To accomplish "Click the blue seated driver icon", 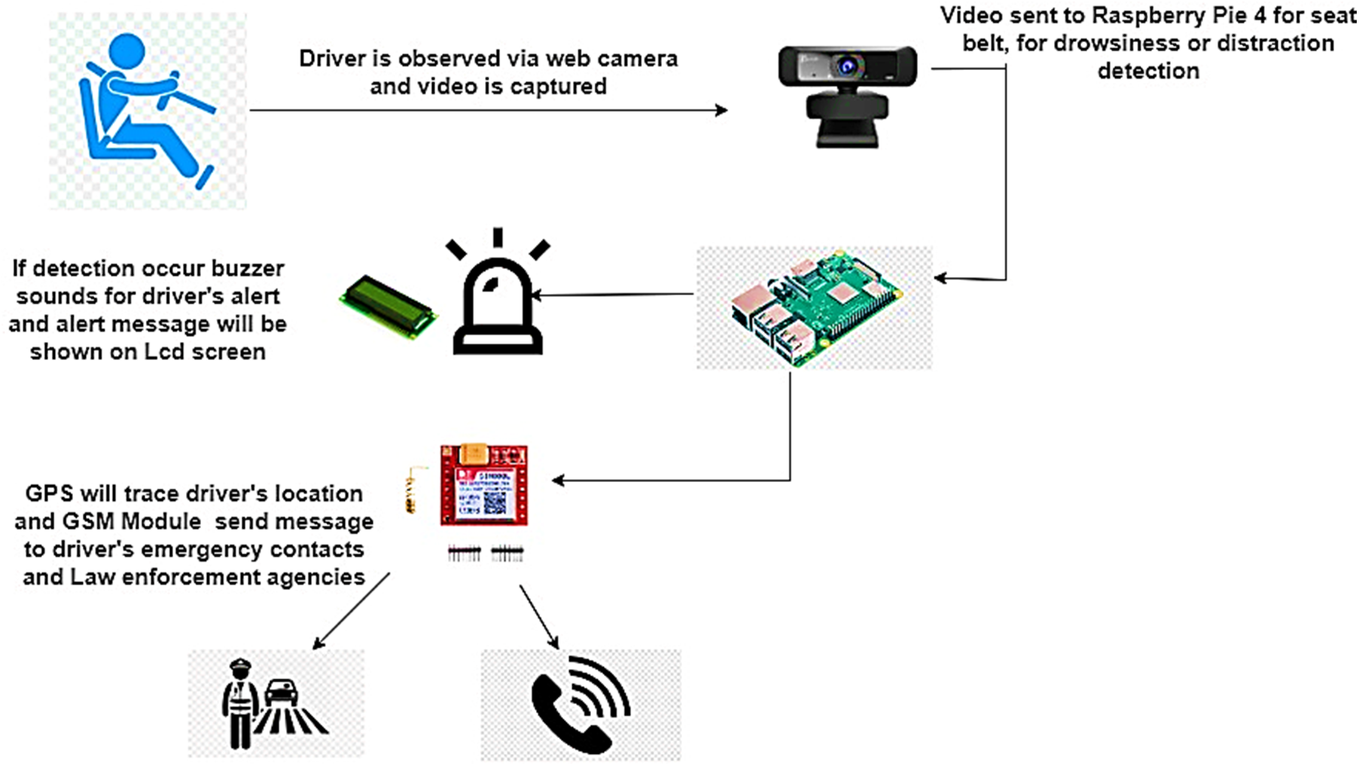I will (143, 109).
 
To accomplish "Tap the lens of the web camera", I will (849, 67).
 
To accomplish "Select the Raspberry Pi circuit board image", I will (815, 307).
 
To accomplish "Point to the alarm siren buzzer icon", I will (497, 301).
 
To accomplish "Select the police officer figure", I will (239, 703).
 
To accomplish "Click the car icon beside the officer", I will (281, 691).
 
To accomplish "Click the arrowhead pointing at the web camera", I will (722, 111).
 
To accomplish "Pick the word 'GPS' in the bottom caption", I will (49, 494).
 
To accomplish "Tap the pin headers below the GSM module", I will (485, 554).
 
